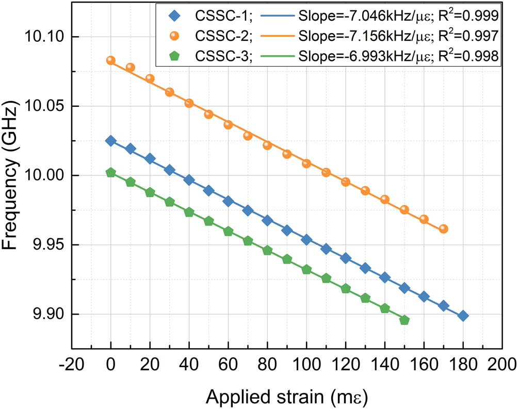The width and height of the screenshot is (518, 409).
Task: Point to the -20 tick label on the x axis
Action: pos(72,364)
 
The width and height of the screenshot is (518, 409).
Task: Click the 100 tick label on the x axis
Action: pos(306,364)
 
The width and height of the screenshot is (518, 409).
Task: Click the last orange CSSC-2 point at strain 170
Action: pos(443,228)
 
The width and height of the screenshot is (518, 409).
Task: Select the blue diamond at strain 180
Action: pos(463,316)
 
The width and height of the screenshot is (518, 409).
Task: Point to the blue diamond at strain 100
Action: pos(306,240)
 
